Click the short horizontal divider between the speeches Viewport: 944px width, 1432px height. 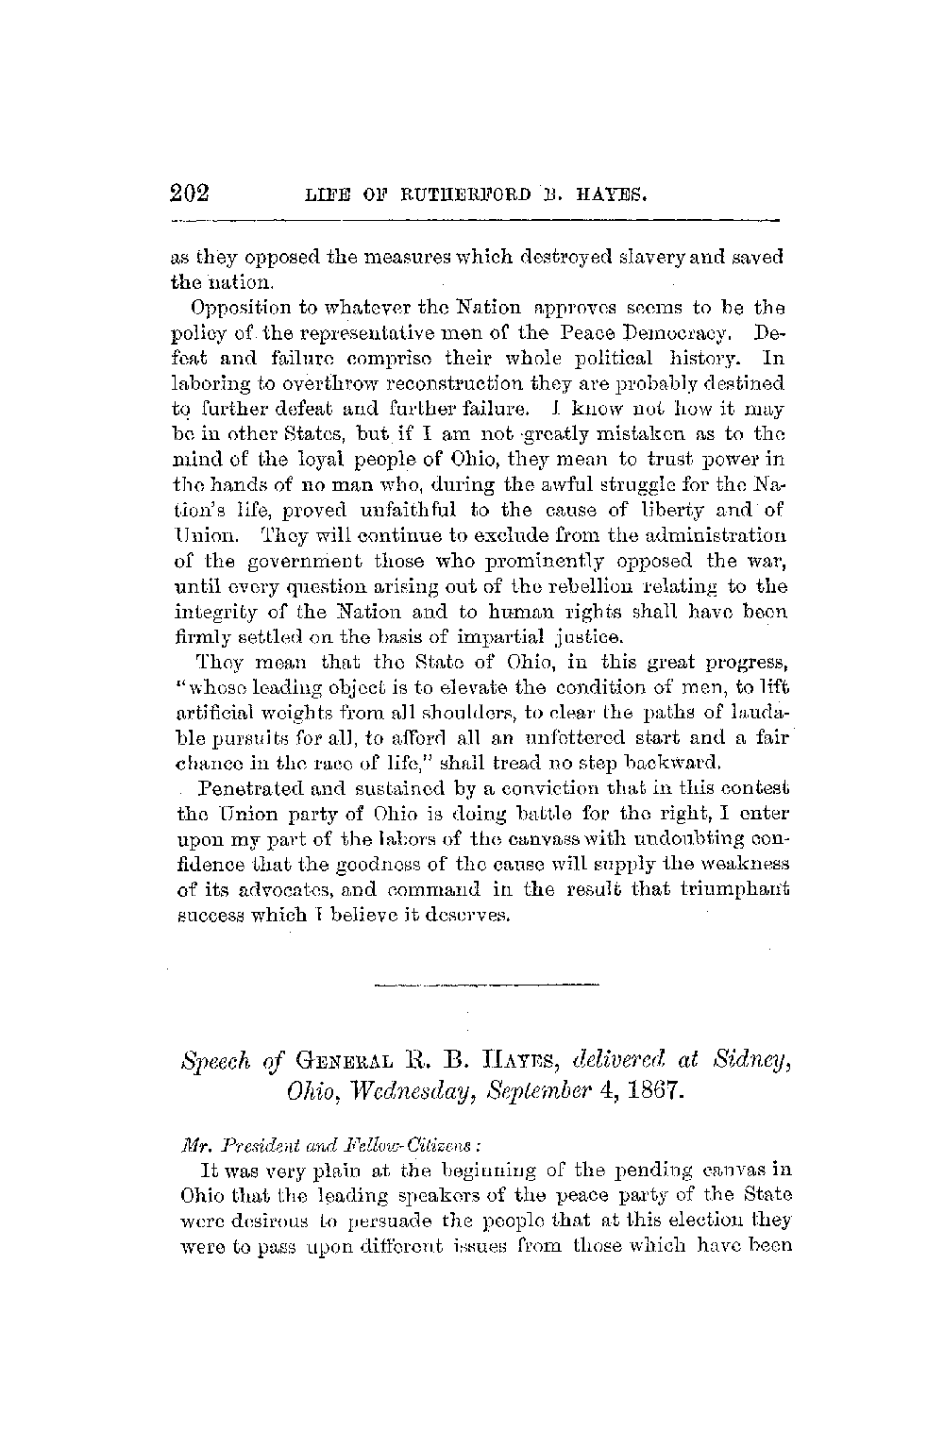[486, 987]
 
